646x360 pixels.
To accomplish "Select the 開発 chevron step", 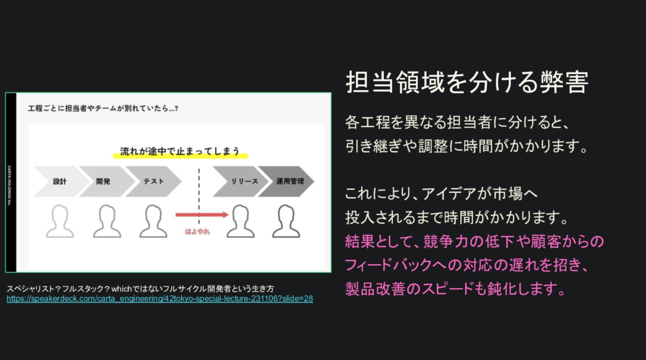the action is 103,181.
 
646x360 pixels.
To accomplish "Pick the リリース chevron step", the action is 237,181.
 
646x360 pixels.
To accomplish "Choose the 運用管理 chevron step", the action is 290,181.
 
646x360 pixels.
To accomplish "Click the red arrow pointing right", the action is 202,215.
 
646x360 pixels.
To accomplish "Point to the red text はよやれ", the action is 197,232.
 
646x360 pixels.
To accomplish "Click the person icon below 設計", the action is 60,221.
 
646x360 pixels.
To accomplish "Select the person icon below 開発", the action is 107,221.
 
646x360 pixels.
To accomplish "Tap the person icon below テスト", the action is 153,221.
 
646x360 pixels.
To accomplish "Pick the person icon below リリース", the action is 240,221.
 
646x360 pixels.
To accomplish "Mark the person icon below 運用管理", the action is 286,221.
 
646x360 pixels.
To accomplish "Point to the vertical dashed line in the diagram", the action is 199,188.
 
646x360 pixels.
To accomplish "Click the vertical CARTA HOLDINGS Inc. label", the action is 11,183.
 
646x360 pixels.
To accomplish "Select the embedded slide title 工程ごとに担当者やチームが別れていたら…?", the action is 103,108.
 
